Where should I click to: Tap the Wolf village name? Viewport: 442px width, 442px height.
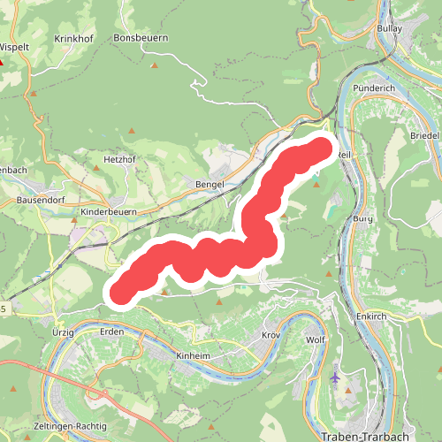316,339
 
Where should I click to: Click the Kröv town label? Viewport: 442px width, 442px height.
271,337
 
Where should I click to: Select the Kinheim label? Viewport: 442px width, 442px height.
193,354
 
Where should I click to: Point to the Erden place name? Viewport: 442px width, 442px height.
112,331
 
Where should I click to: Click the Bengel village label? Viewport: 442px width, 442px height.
210,184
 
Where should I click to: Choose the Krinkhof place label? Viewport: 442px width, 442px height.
74,39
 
